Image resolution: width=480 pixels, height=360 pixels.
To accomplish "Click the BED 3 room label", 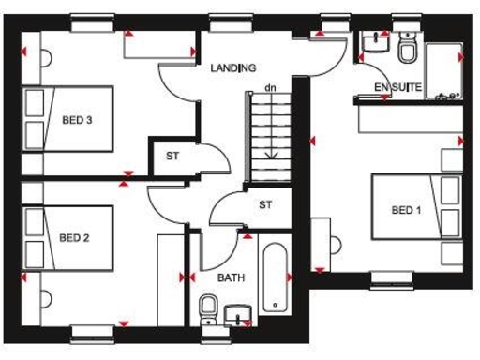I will [76, 121].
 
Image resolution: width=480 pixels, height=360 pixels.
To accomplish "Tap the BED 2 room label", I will [74, 238].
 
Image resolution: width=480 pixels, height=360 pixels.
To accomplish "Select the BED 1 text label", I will [406, 209].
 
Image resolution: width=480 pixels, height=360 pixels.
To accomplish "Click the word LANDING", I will [233, 67].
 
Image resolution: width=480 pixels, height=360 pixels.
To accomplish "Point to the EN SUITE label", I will [398, 88].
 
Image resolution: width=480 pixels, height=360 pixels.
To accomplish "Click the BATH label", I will [232, 278].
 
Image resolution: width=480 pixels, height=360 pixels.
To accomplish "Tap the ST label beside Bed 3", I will [172, 156].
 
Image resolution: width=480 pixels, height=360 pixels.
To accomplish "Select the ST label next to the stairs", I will [265, 204].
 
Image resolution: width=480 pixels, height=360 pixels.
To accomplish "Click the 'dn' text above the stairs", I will [270, 88].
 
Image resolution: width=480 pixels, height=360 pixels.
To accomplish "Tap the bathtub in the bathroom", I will [275, 278].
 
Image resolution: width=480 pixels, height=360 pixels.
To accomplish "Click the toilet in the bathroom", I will [210, 307].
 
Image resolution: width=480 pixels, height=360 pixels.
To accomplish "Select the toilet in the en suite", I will [408, 50].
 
